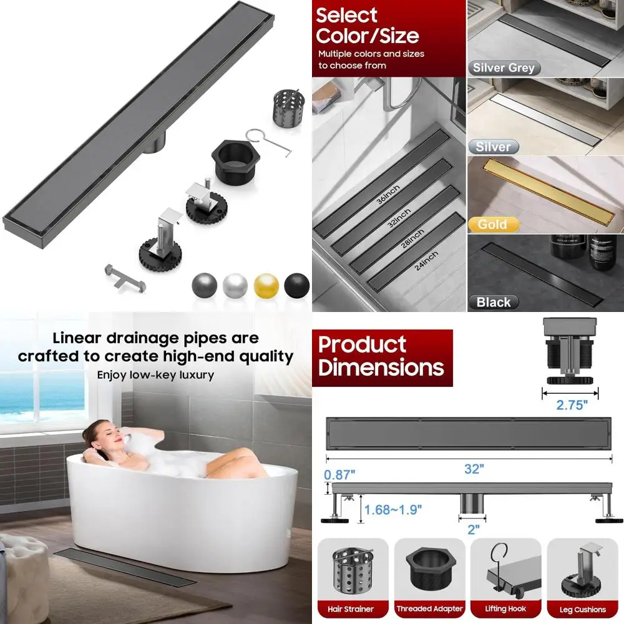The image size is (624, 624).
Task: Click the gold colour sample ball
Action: pos(266,285)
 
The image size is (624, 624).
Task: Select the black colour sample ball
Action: pos(296,285)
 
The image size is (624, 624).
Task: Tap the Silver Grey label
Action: pos(504,68)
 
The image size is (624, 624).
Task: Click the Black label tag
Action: pos(494,302)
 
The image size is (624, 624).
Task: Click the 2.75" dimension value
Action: pos(572,405)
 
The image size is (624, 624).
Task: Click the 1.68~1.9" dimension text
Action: pos(392,509)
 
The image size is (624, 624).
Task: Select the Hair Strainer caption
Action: pos(351,609)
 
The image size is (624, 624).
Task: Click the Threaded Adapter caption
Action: pos(429,609)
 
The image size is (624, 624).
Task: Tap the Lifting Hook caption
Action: pos(505,609)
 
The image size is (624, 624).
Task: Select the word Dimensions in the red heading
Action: pos(381,367)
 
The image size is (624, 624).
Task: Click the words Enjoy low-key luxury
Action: pos(155,375)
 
